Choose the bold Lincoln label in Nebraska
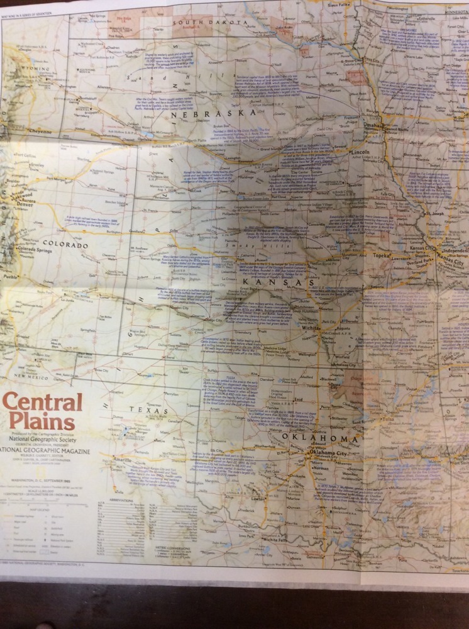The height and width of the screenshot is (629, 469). (361, 153)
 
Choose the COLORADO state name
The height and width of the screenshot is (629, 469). (65, 245)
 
